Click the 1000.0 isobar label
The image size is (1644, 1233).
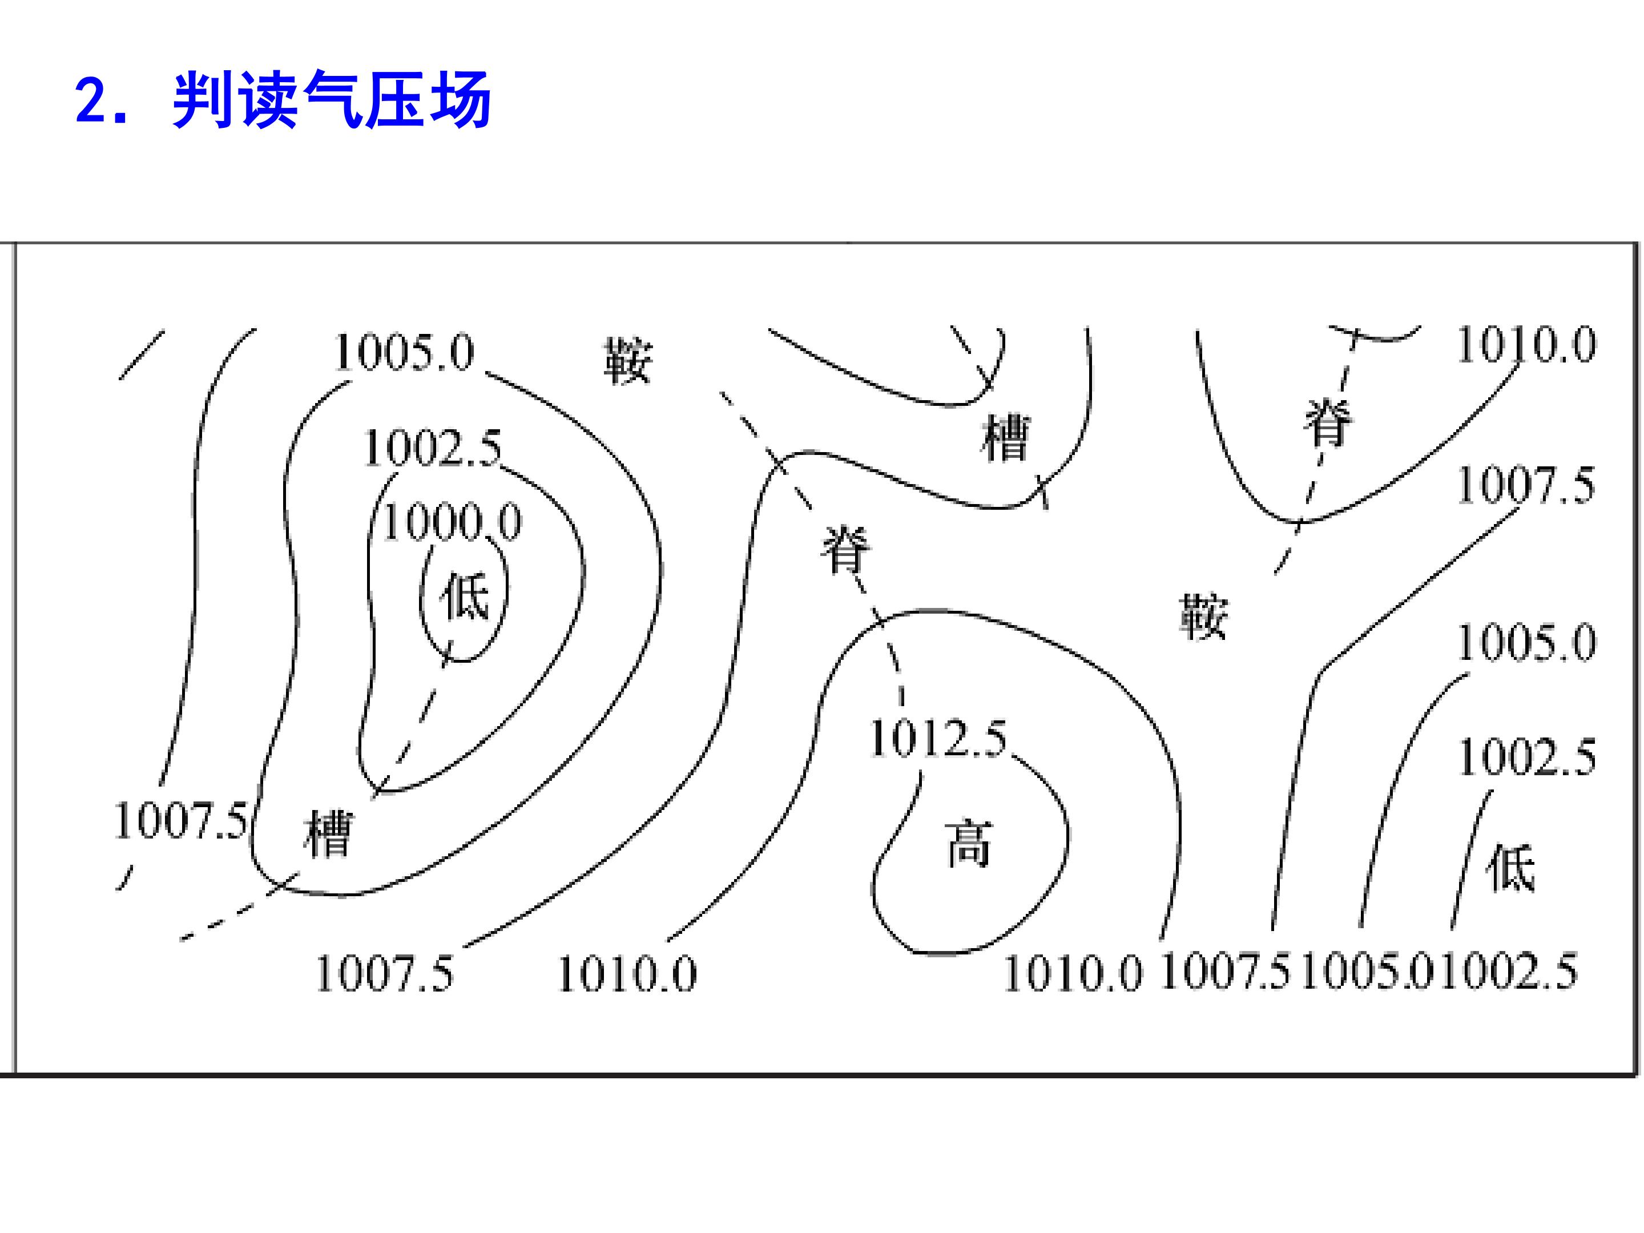[x=453, y=522]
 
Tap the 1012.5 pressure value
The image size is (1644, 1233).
[x=938, y=738]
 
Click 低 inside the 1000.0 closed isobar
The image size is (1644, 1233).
[x=465, y=595]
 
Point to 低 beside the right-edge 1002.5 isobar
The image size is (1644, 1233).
[x=1510, y=867]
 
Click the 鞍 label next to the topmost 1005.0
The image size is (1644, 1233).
[x=628, y=361]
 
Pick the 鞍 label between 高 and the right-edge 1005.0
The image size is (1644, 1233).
[x=1204, y=615]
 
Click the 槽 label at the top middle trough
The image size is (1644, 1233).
[x=1006, y=438]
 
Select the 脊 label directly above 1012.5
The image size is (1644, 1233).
[x=845, y=549]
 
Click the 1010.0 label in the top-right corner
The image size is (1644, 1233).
[x=1526, y=345]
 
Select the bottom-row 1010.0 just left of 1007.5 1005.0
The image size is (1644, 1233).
[x=1073, y=973]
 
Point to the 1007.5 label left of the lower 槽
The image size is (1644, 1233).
[x=180, y=820]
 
